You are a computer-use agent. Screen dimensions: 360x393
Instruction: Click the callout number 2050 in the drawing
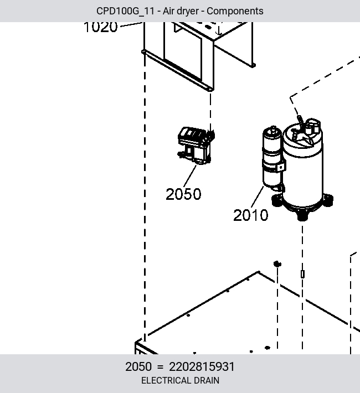coord(183,194)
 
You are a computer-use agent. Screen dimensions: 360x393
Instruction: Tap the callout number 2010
coord(251,215)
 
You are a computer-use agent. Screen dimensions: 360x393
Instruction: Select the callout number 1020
coord(101,27)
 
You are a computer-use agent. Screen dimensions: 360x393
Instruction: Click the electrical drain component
coord(196,146)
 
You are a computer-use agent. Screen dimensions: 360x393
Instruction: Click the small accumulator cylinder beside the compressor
coord(272,158)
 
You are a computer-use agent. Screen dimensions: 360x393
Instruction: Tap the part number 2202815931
coord(202,366)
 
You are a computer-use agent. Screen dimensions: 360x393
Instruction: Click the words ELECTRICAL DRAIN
coord(180,380)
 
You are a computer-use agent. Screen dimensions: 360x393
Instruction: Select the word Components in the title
coord(235,11)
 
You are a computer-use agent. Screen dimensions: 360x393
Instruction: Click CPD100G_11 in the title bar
coord(125,11)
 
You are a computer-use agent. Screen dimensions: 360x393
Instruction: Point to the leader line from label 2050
coord(190,175)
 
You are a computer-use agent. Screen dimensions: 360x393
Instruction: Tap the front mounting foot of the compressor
coord(302,215)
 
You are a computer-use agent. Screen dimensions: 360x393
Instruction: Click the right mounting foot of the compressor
coord(328,200)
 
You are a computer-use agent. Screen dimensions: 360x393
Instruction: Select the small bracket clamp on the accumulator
coord(280,167)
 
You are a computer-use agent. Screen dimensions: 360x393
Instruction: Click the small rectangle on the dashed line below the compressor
coord(302,274)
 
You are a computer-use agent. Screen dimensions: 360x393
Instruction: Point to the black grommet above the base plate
coord(277,264)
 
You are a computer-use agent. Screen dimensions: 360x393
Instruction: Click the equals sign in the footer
coord(160,367)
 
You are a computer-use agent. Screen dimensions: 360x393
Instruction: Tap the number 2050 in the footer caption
coord(138,366)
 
